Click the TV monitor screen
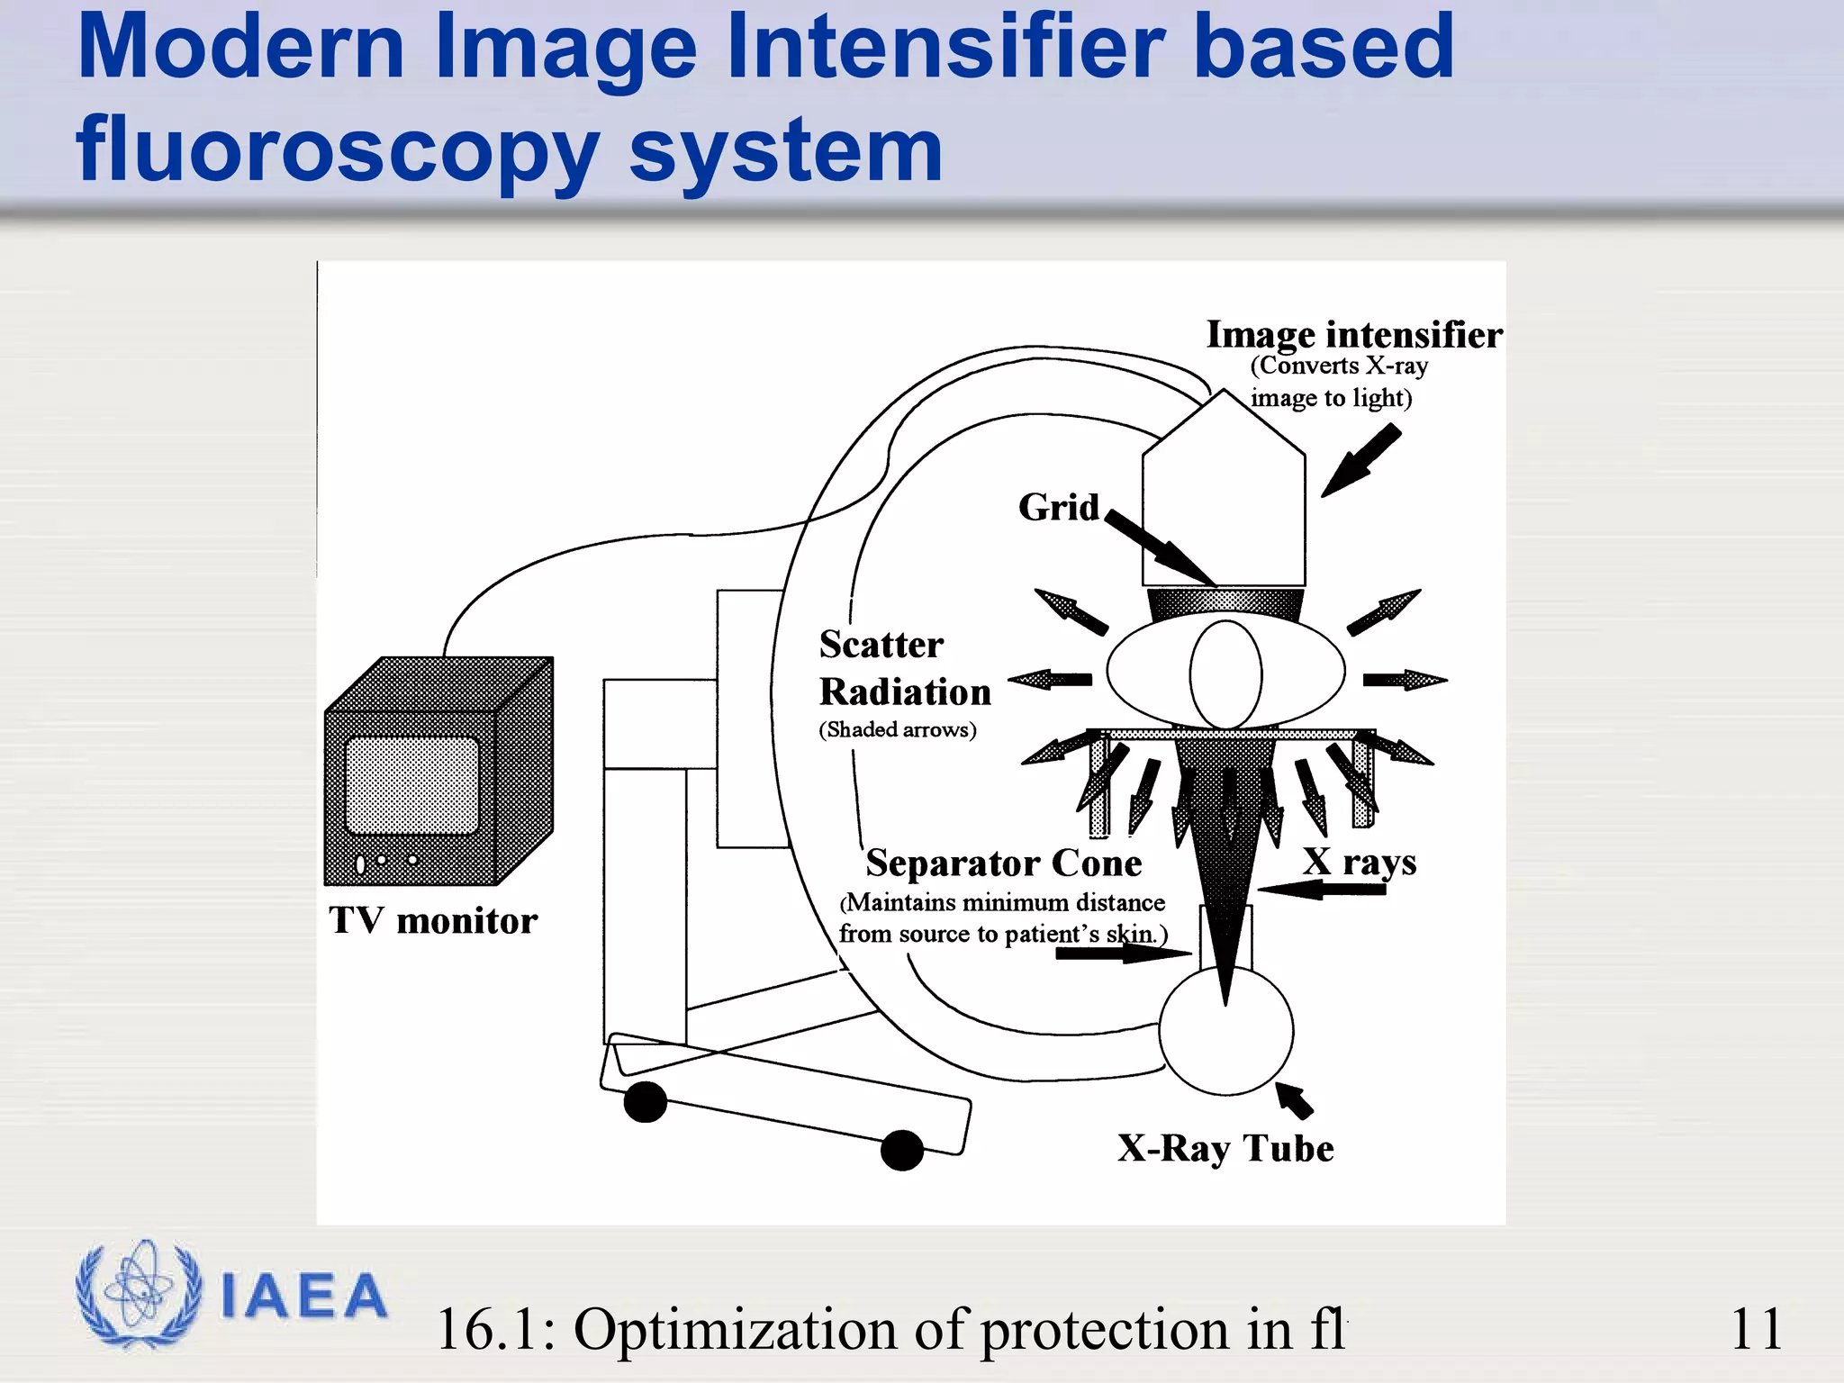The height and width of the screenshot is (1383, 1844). pyautogui.click(x=411, y=785)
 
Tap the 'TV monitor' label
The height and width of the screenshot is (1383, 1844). pyautogui.click(x=433, y=921)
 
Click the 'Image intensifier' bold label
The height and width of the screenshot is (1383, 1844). pyautogui.click(x=1353, y=335)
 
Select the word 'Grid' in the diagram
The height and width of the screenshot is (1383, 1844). pyautogui.click(x=1059, y=508)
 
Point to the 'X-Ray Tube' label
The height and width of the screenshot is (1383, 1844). pyautogui.click(x=1225, y=1148)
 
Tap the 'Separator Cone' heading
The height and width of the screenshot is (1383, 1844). pyautogui.click(x=1003, y=863)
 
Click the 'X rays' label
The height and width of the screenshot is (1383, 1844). pyautogui.click(x=1360, y=862)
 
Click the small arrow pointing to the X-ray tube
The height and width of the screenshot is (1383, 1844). pyautogui.click(x=1294, y=1099)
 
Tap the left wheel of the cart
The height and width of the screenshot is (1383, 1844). pyautogui.click(x=645, y=1102)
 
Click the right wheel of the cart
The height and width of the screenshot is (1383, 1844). pyautogui.click(x=902, y=1150)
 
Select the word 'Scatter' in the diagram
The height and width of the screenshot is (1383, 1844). pyautogui.click(x=881, y=645)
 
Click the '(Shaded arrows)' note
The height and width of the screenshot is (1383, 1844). pyautogui.click(x=897, y=729)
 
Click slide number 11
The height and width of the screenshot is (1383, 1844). pyautogui.click(x=1755, y=1329)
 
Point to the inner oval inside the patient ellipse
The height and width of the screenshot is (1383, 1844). pyautogui.click(x=1225, y=674)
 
